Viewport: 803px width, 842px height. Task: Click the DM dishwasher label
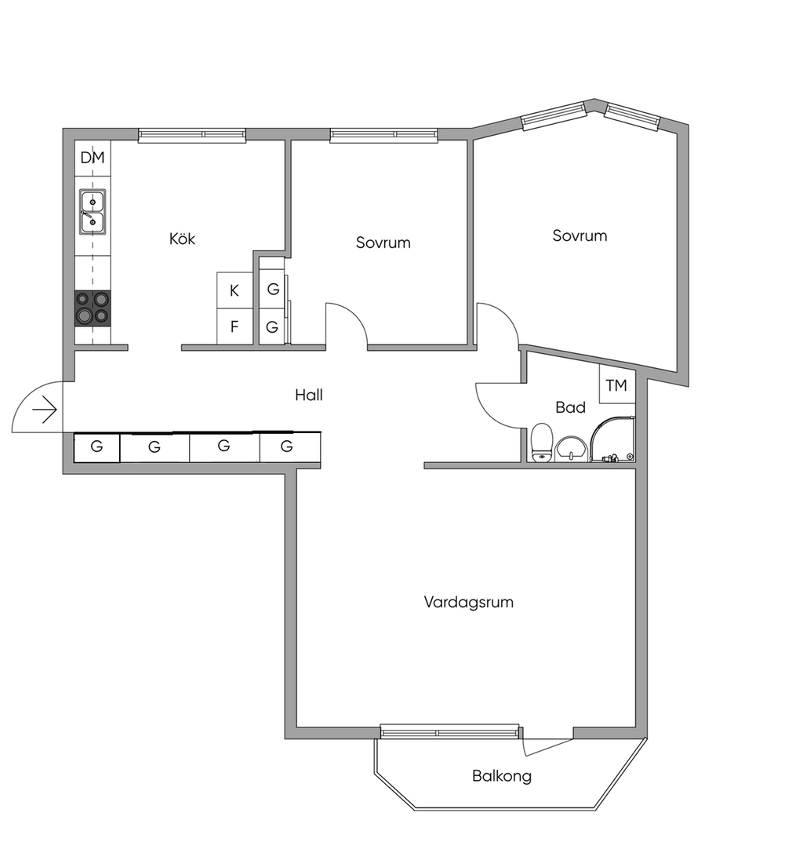93,158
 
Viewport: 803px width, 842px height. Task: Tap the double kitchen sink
93,212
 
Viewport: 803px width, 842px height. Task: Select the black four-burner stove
93,308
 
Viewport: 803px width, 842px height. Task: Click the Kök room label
182,239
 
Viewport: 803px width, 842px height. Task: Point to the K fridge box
234,290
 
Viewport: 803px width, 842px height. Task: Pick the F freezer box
234,326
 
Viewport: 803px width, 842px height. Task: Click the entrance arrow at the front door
45,410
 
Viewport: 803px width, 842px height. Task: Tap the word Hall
309,395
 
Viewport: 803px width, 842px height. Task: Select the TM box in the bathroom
616,385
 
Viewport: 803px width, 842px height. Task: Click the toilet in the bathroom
542,443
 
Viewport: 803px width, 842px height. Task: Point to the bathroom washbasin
571,448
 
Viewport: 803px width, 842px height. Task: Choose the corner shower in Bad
612,439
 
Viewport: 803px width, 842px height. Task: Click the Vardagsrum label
469,602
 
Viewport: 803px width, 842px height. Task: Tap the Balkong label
502,776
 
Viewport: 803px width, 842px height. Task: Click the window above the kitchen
192,135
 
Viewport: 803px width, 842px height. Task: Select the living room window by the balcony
450,731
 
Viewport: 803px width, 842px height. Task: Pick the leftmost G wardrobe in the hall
96,447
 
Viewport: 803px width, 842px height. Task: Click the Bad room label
571,407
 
